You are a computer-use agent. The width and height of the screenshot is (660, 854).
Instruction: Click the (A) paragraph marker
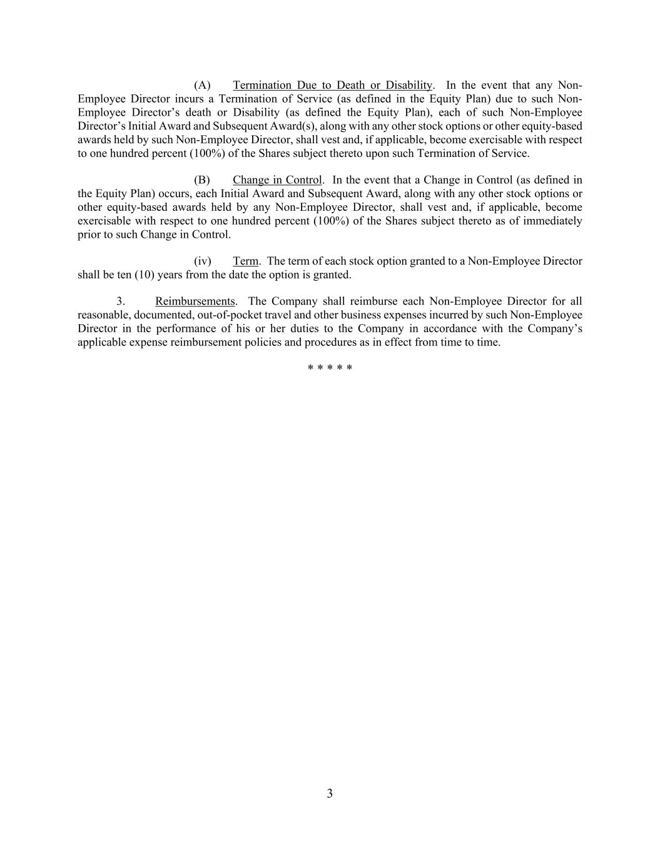click(202, 85)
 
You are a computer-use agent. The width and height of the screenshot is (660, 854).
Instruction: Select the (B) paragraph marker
click(202, 180)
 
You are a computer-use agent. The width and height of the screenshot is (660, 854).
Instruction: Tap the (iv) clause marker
click(202, 261)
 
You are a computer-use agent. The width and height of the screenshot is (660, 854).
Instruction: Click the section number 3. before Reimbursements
click(121, 302)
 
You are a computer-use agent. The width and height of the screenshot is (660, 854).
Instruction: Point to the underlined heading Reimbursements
click(195, 302)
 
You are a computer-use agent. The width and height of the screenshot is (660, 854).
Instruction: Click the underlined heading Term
click(245, 261)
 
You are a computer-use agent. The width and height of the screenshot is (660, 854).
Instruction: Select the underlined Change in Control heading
click(277, 180)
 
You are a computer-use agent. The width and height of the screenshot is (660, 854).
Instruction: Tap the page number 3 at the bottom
click(330, 794)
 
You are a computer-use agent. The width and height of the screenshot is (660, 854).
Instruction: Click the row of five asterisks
click(330, 368)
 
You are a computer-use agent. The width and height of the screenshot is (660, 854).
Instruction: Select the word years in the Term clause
click(170, 275)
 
